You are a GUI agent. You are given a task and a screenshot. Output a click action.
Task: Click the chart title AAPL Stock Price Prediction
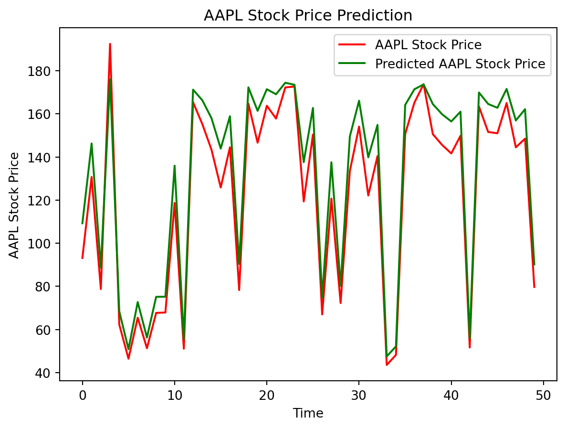click(308, 16)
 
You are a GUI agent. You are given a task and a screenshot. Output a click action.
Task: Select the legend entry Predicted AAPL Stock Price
click(460, 64)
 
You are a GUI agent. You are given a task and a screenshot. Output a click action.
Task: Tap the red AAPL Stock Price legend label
click(428, 45)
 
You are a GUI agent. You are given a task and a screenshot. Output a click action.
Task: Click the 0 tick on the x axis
click(83, 396)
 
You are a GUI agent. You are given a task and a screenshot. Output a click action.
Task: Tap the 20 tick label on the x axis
click(266, 396)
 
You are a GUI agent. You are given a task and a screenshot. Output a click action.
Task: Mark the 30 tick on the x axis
click(358, 396)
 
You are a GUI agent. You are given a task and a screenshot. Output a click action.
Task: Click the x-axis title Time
click(308, 413)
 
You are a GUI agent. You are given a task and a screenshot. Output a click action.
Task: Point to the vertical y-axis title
click(15, 205)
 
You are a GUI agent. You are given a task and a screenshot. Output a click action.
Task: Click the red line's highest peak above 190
click(110, 44)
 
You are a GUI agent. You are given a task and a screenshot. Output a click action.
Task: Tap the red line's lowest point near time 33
click(387, 365)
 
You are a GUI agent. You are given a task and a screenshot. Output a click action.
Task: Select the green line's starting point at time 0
click(83, 223)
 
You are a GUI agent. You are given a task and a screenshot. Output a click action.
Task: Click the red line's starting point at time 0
click(83, 258)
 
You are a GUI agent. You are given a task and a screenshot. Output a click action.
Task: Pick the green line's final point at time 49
click(534, 264)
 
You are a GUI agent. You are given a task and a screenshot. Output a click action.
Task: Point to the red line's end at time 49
click(534, 287)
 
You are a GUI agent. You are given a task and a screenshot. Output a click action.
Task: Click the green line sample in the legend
click(352, 64)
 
